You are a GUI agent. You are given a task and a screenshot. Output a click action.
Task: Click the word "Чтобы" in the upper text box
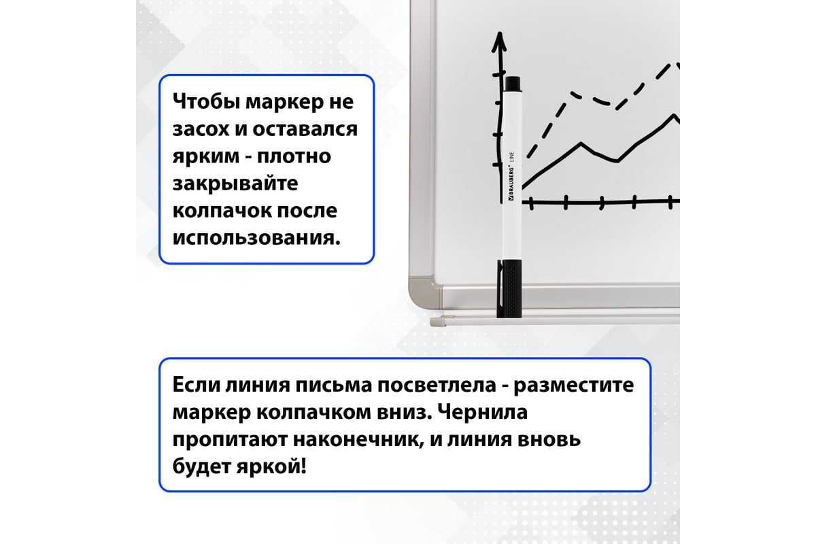click(206, 101)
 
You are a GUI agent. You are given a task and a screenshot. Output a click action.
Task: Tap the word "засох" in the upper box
click(201, 129)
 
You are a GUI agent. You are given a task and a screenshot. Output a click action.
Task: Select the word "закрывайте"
click(235, 184)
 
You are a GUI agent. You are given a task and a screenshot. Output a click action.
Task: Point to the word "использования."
click(256, 238)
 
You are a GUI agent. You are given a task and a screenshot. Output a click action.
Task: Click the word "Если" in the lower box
click(195, 385)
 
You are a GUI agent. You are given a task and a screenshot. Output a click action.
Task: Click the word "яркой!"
click(271, 466)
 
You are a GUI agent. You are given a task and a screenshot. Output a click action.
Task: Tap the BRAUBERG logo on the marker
click(511, 184)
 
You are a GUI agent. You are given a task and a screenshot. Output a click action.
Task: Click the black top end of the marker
click(513, 84)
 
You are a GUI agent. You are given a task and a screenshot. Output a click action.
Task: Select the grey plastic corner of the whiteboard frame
click(425, 293)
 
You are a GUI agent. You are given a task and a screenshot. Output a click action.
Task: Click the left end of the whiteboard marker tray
click(431, 322)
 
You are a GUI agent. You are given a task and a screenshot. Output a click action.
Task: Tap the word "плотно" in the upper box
click(294, 156)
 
